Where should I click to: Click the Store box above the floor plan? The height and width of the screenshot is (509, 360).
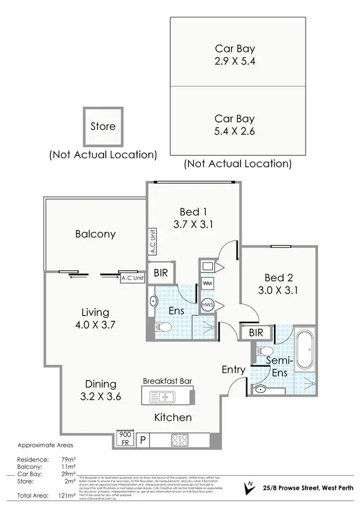point(102,127)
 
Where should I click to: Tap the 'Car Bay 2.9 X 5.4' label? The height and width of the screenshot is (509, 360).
point(234,55)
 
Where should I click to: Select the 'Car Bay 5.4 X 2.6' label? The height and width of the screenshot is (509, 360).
point(234,125)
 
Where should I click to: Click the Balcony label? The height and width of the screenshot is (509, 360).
point(95,234)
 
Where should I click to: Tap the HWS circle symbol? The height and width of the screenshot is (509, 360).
point(207,305)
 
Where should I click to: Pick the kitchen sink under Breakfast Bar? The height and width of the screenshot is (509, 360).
point(164,397)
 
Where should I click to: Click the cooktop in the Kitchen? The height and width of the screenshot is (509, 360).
point(182,439)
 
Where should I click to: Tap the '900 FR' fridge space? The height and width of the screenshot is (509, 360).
point(125,439)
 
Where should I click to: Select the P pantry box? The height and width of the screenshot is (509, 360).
point(144,439)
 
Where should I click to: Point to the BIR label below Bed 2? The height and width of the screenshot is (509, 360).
point(255,333)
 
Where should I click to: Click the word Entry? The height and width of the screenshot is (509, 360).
point(233,370)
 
